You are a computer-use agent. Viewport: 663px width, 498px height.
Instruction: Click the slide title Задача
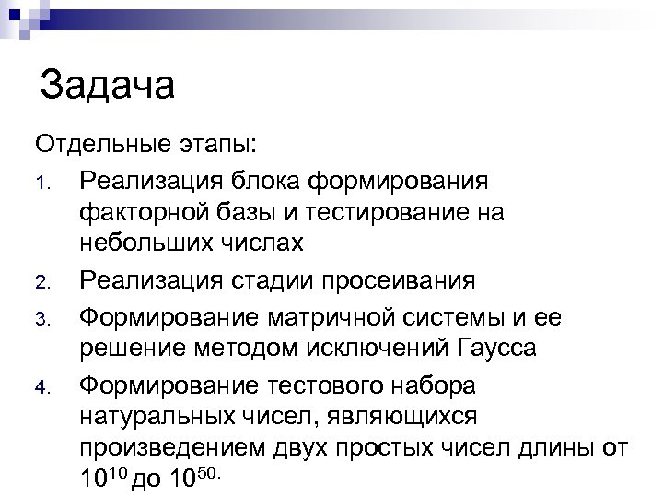click(x=108, y=88)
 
